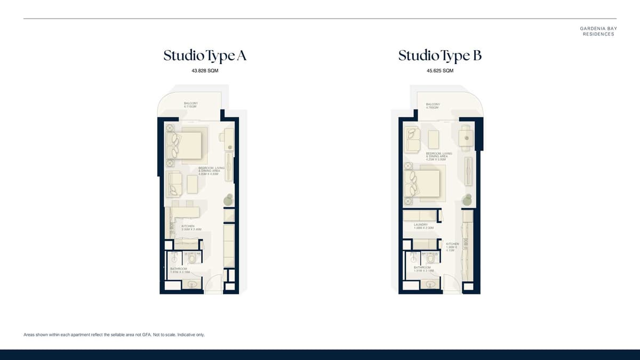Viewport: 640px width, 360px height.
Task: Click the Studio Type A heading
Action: click(x=205, y=55)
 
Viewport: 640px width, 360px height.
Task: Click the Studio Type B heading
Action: click(x=439, y=55)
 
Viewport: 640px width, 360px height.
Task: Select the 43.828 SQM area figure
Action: click(x=205, y=71)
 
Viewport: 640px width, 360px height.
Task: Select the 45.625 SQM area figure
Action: click(x=440, y=71)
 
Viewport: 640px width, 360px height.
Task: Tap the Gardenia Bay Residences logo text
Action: click(x=598, y=31)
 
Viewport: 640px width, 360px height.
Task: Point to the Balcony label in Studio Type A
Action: click(x=191, y=105)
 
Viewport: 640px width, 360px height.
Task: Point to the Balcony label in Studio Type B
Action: click(x=433, y=106)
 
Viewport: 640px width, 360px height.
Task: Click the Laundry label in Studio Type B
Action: click(x=425, y=226)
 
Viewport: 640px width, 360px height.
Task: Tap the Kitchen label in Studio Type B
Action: click(x=452, y=247)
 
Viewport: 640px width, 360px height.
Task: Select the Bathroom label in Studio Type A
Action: click(x=179, y=270)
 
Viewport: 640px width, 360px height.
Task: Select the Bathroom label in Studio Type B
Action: click(x=423, y=269)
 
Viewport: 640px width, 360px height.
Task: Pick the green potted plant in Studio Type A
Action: click(x=229, y=199)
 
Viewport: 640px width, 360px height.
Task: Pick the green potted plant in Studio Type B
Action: click(x=468, y=199)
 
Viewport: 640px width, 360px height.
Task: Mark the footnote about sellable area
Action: click(x=114, y=335)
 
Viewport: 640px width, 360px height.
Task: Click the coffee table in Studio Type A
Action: click(x=192, y=184)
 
